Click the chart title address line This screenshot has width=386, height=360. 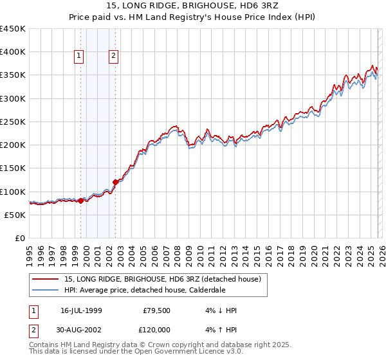pyautogui.click(x=193, y=6)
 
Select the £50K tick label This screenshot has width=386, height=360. pyautogui.click(x=15, y=215)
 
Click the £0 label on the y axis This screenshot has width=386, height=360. pyautogui.click(x=20, y=238)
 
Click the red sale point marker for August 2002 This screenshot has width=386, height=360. pyautogui.click(x=116, y=182)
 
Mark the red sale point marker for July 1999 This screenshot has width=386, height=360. pyautogui.click(x=80, y=201)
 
